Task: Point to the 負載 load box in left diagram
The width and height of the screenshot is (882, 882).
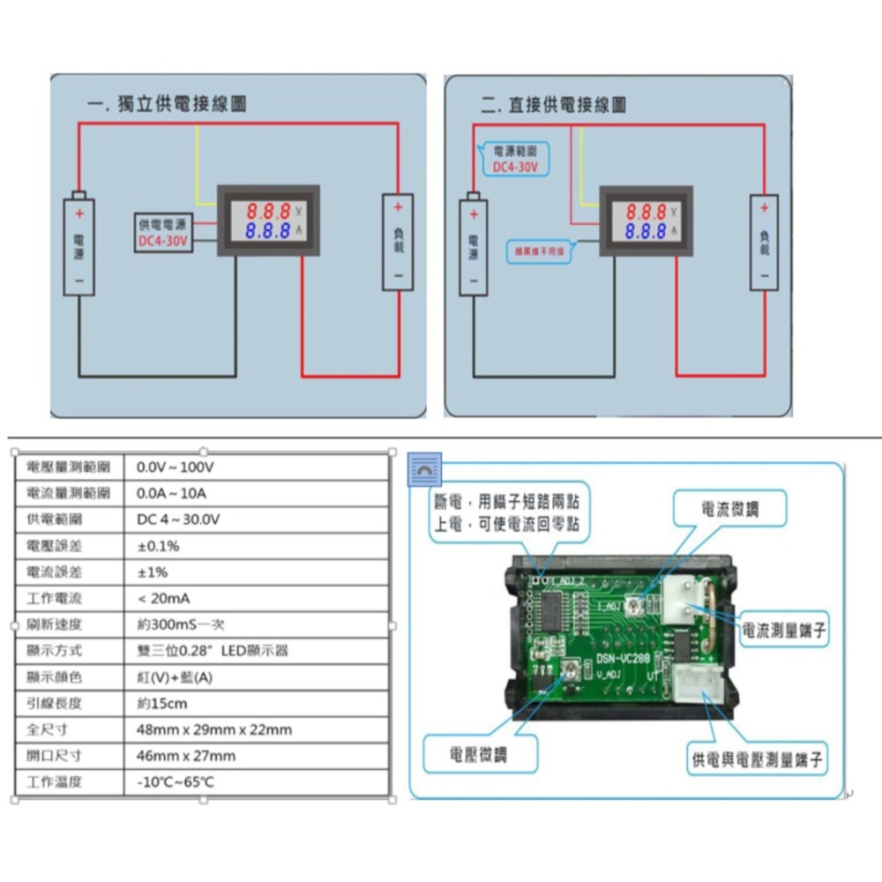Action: click(x=398, y=243)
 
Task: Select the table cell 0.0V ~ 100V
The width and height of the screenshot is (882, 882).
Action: click(x=176, y=467)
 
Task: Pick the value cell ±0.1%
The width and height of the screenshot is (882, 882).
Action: click(x=158, y=546)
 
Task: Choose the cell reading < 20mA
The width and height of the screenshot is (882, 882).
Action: click(x=163, y=598)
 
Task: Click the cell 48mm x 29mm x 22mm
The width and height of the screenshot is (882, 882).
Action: click(x=214, y=729)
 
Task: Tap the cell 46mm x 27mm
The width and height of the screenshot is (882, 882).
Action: click(x=186, y=756)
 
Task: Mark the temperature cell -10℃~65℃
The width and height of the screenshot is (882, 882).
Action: click(x=176, y=782)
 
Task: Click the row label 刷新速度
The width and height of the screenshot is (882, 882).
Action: click(x=55, y=624)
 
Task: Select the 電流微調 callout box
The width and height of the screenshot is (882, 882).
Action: click(x=729, y=509)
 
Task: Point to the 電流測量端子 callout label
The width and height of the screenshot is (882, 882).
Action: click(x=784, y=630)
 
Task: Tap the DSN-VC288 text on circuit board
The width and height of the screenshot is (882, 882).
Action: click(x=623, y=658)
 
